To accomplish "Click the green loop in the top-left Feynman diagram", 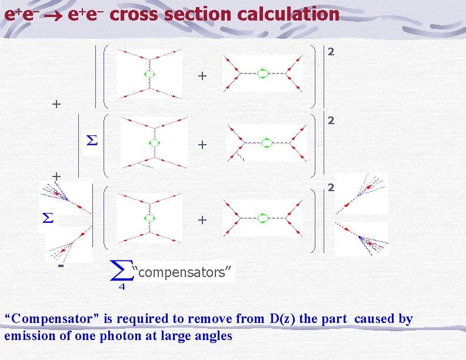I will pyautogui.click(x=149, y=74).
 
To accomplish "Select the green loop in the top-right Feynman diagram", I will pyautogui.click(x=263, y=74).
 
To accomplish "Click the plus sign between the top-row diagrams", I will pyautogui.click(x=202, y=76).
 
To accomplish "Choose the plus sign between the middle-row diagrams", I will pyautogui.click(x=202, y=144).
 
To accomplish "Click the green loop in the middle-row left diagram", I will pyautogui.click(x=154, y=142).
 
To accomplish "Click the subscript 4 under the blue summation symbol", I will pyautogui.click(x=122, y=287).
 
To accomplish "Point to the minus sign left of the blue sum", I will pyautogui.click(x=61, y=266).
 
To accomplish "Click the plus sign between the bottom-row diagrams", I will pyautogui.click(x=202, y=221).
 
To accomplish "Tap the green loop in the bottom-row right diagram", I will pyautogui.click(x=263, y=218).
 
